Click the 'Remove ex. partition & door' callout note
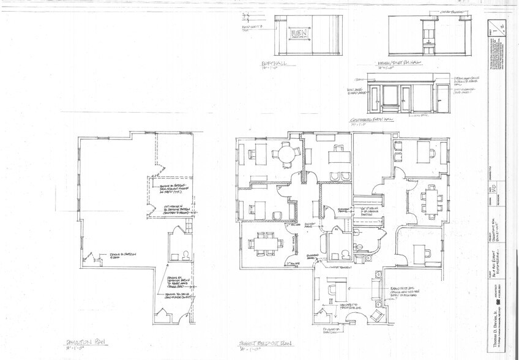pyautogui.click(x=122, y=255)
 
